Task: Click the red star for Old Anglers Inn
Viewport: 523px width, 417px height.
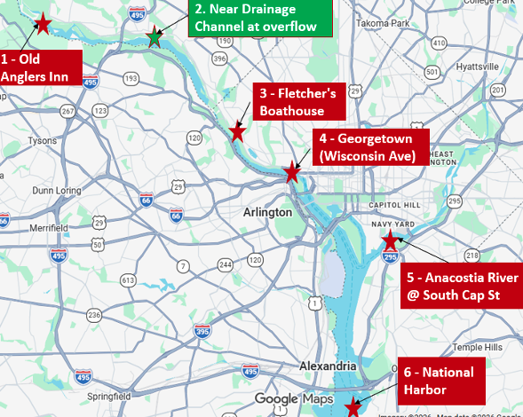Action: [x=41, y=23]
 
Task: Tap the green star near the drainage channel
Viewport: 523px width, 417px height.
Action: [x=155, y=36]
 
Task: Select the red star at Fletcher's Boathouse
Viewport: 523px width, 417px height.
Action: [x=237, y=133]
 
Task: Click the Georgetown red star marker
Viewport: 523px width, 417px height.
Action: [x=291, y=171]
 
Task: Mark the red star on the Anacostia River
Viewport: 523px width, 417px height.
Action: [x=389, y=240]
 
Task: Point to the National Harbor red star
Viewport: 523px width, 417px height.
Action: [x=353, y=407]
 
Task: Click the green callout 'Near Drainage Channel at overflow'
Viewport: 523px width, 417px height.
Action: [x=260, y=18]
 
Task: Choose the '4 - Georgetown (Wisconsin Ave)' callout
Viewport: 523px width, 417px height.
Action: [x=370, y=147]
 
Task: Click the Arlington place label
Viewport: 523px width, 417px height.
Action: [x=266, y=212]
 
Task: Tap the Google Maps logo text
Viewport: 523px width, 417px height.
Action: [x=293, y=399]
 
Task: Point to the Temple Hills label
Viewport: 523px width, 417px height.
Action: [x=478, y=347]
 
